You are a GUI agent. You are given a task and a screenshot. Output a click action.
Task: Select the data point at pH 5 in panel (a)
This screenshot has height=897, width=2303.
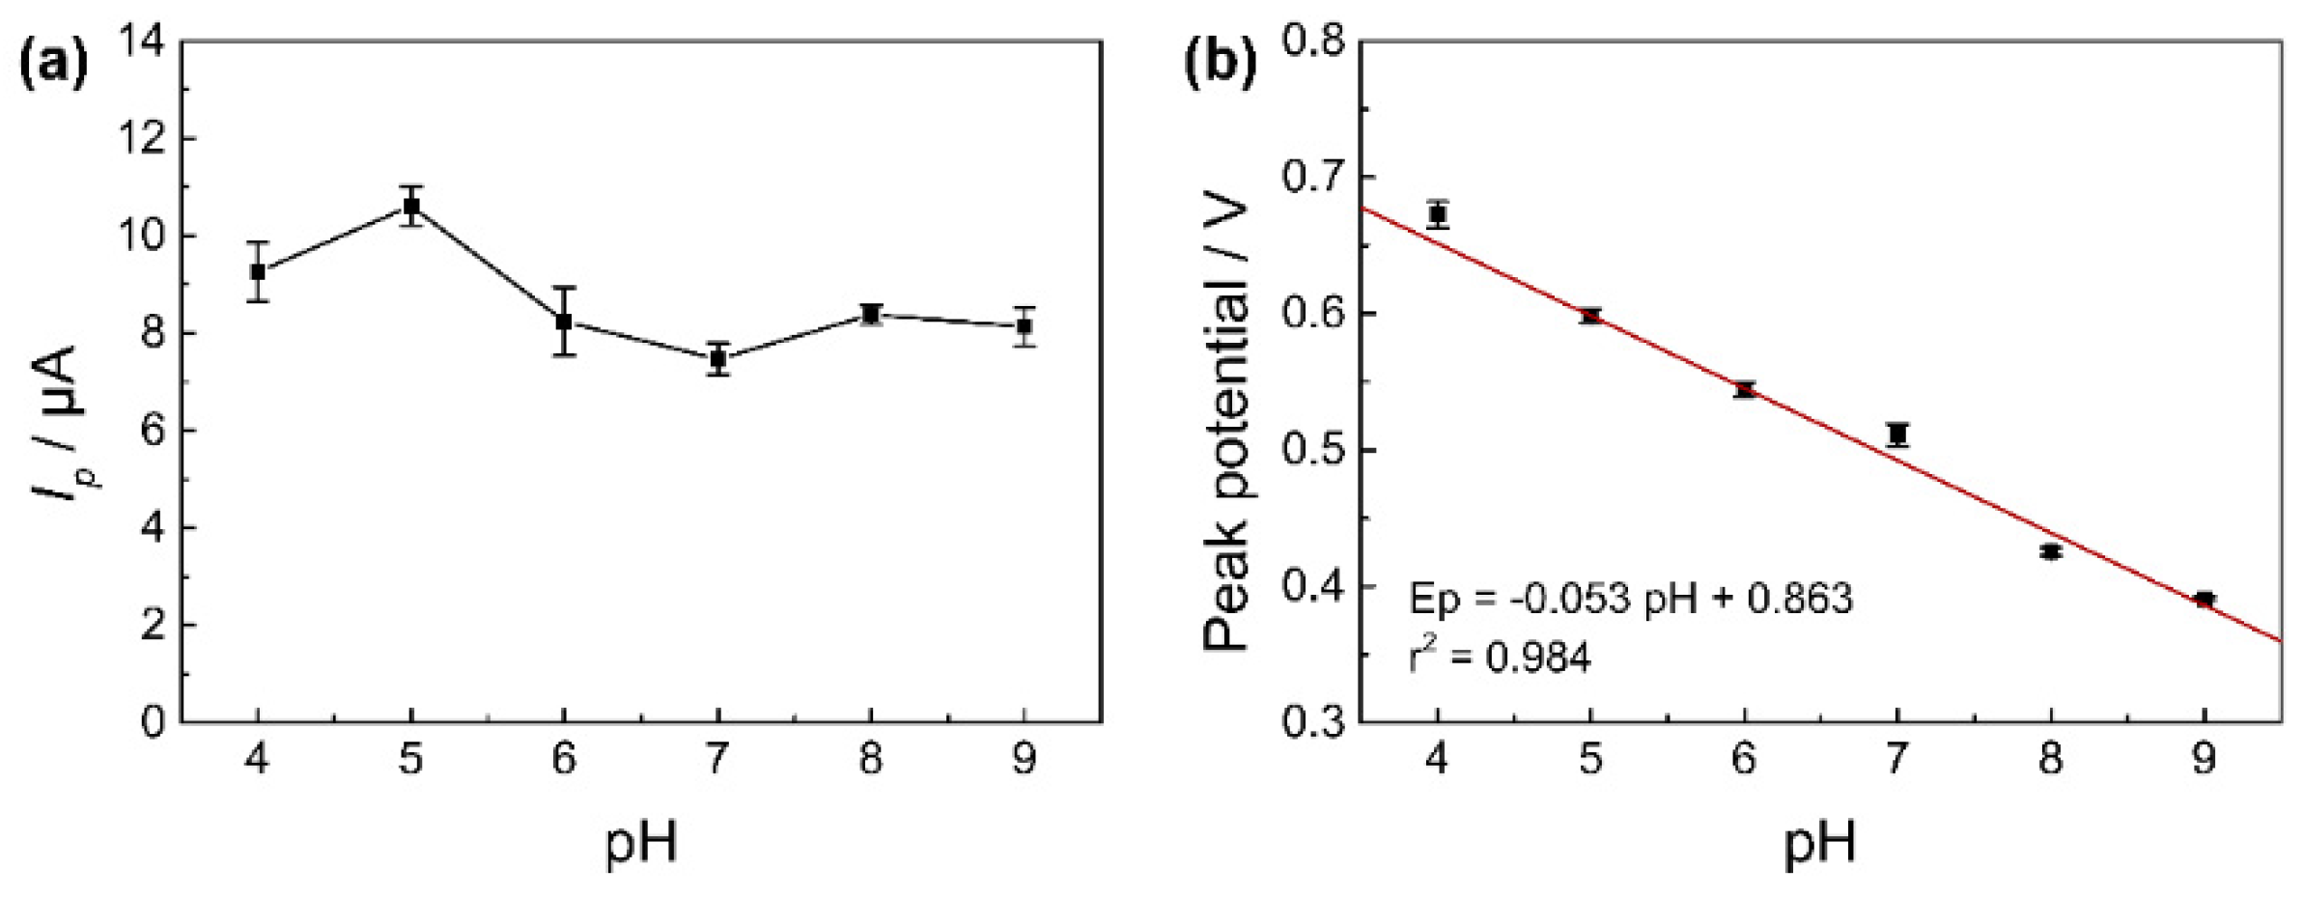click(x=411, y=206)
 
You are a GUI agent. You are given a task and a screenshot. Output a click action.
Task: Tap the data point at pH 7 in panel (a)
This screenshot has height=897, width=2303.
click(x=717, y=358)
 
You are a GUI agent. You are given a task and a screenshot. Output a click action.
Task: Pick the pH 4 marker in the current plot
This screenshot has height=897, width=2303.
click(x=258, y=271)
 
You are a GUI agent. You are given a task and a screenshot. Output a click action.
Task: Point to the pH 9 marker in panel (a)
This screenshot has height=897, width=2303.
click(x=1024, y=326)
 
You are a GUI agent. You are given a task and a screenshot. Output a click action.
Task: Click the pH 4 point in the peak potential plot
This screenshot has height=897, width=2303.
click(x=1438, y=214)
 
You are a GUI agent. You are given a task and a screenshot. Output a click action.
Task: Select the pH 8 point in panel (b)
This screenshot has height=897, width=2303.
click(x=2051, y=551)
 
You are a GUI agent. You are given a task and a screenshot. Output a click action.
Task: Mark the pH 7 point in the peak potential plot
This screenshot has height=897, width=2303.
click(x=1898, y=434)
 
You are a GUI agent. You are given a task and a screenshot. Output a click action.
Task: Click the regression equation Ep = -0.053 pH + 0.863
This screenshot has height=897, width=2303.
click(x=1631, y=600)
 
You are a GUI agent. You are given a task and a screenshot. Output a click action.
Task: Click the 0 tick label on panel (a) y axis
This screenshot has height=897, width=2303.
click(x=153, y=722)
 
